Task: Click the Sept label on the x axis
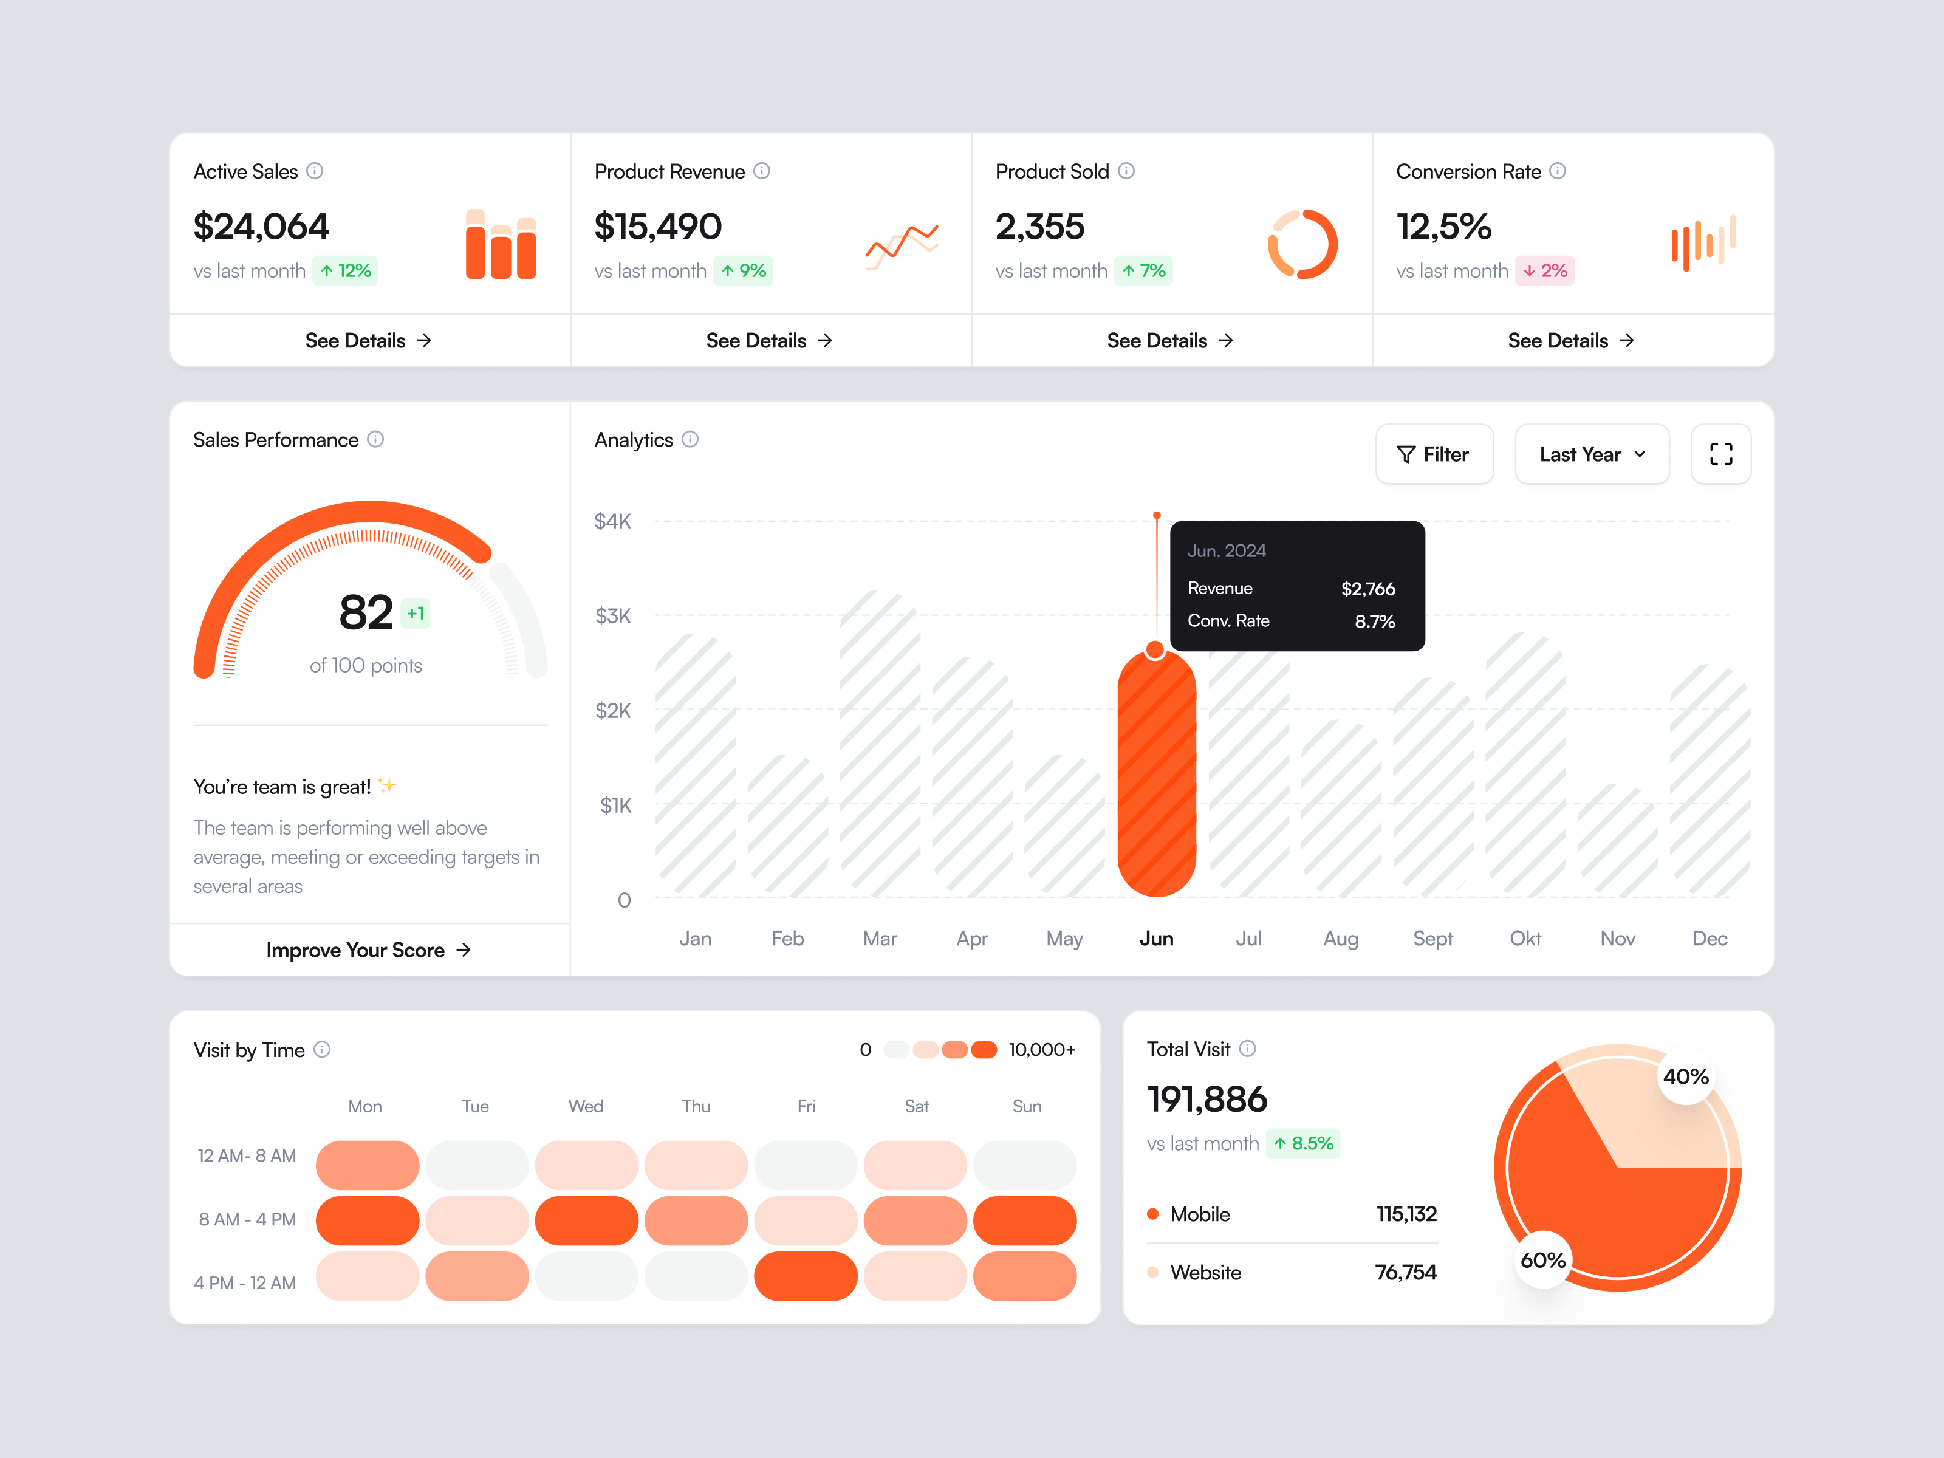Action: click(x=1432, y=939)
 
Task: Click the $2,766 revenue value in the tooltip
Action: click(x=1367, y=589)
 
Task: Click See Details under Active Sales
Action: click(x=368, y=341)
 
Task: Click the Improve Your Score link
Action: click(x=368, y=950)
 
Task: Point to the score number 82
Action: click(x=366, y=612)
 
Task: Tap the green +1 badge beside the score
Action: click(x=416, y=614)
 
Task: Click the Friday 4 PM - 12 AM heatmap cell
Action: click(x=805, y=1276)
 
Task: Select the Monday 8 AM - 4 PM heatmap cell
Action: click(x=368, y=1220)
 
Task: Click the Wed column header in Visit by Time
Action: click(x=585, y=1106)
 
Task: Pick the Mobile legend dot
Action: click(x=1152, y=1214)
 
